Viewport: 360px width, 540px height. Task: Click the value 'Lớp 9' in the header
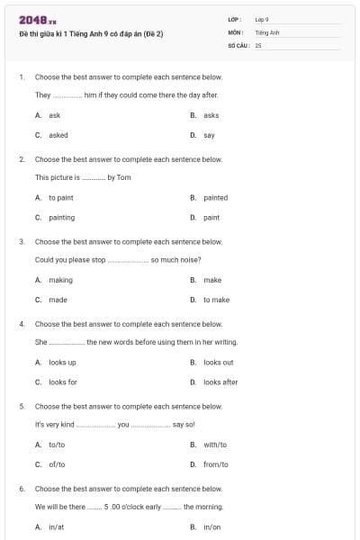(x=262, y=19)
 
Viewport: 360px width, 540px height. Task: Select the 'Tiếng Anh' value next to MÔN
(x=267, y=31)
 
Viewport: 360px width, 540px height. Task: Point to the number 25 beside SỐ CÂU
(x=258, y=44)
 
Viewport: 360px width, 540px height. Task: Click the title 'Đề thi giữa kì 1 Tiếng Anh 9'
(x=91, y=34)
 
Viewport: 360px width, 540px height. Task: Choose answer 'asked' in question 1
(x=58, y=135)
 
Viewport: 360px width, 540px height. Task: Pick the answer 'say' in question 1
(x=209, y=135)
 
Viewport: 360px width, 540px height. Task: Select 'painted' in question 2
(x=216, y=197)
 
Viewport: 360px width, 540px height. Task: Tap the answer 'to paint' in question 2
(x=61, y=197)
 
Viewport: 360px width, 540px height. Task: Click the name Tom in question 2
(x=124, y=177)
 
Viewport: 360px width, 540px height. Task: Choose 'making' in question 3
(x=61, y=280)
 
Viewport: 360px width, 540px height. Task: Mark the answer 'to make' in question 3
(x=216, y=300)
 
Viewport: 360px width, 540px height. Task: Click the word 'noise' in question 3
(x=205, y=259)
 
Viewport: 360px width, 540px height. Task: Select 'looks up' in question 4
(x=62, y=362)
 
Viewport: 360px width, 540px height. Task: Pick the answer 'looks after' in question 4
(x=220, y=382)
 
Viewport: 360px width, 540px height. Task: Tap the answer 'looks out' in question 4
(x=219, y=362)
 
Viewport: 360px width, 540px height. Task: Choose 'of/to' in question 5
(x=57, y=464)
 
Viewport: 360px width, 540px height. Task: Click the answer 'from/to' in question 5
(x=216, y=464)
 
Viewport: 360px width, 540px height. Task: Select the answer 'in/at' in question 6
(x=57, y=526)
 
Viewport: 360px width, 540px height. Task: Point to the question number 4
(x=22, y=323)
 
